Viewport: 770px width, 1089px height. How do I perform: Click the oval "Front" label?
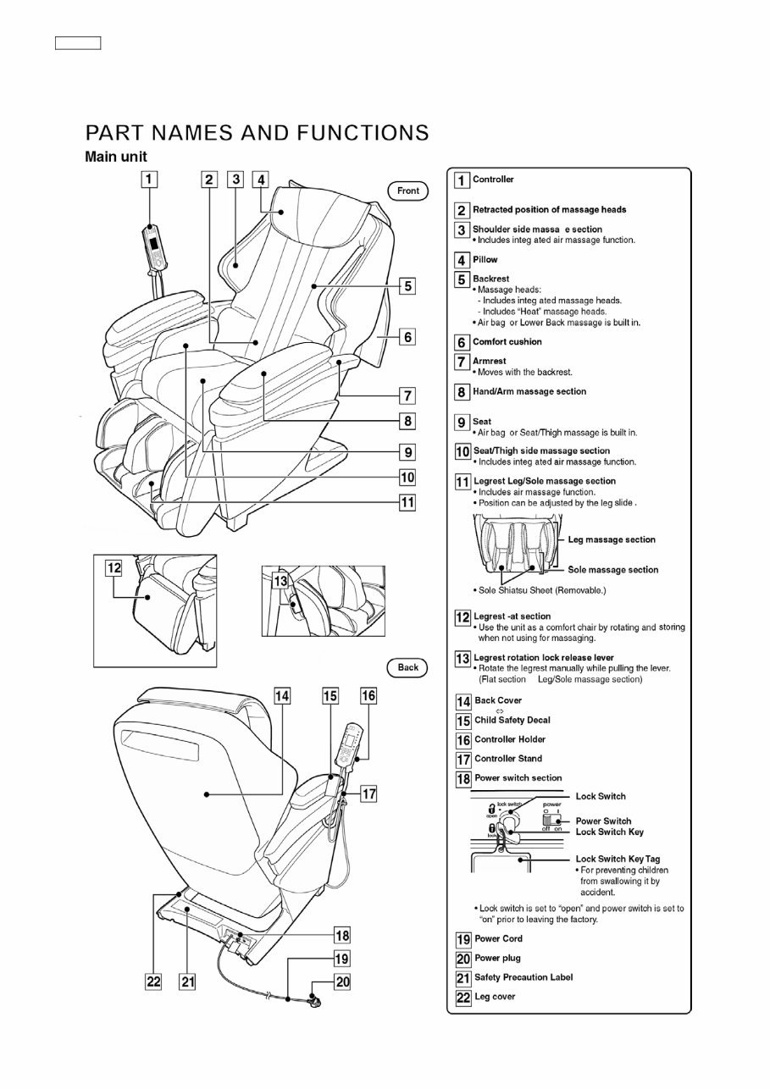pos(407,191)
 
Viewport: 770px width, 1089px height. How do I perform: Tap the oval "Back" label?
pos(407,667)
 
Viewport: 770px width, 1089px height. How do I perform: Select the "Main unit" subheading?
pos(115,158)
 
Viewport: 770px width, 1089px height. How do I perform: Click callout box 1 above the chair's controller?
pos(149,180)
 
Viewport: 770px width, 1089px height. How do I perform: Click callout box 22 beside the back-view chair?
pos(152,981)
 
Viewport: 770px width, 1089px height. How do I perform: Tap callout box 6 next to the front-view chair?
pos(407,337)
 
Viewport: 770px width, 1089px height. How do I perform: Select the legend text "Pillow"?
pos(485,260)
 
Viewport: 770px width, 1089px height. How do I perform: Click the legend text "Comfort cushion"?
pos(507,342)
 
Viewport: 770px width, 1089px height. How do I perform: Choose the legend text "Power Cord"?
pos(498,938)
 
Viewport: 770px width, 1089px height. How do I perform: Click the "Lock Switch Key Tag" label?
pos(618,859)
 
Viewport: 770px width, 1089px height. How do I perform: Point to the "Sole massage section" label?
pos(612,570)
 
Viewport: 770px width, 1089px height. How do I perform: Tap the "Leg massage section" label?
pos(611,539)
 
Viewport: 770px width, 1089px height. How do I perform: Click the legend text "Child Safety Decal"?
pos(512,721)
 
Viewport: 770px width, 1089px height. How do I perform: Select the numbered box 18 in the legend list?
pos(463,778)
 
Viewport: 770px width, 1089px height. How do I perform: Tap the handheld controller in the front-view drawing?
pos(154,246)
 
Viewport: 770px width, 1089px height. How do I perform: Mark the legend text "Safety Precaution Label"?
pos(523,977)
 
